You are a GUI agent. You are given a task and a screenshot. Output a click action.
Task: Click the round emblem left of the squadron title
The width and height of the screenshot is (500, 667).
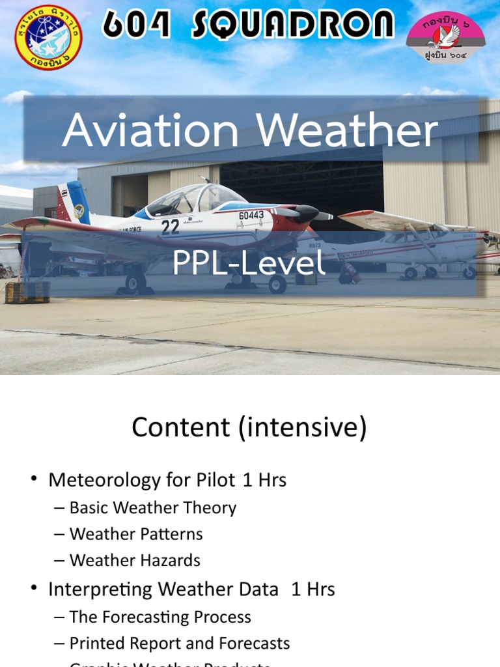48,37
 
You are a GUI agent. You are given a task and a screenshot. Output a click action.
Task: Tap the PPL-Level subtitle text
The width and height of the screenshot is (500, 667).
248,263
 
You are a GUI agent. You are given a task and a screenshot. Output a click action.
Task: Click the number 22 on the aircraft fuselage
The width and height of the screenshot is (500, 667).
170,227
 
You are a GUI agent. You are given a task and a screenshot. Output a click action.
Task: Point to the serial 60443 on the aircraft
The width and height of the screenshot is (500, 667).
251,215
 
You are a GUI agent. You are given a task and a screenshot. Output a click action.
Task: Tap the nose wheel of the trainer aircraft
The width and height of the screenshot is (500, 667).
277,283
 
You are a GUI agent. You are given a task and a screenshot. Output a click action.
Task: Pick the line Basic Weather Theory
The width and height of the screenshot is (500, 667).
153,507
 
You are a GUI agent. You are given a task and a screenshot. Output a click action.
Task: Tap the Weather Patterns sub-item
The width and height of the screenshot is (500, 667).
136,534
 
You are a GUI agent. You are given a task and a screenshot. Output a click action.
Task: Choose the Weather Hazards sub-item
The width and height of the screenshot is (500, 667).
135,560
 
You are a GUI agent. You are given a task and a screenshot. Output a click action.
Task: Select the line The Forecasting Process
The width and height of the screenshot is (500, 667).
160,616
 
